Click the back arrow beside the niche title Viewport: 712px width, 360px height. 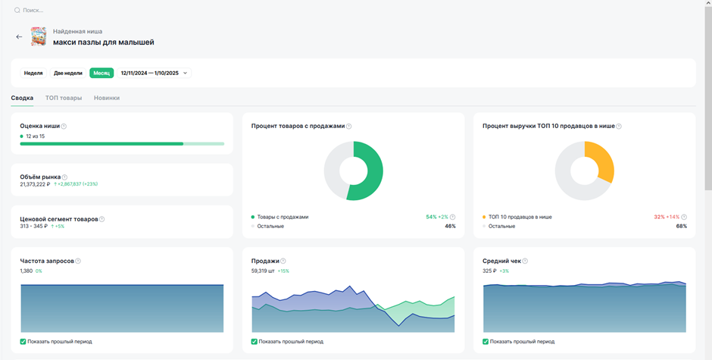pos(19,37)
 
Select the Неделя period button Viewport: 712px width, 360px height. pos(33,73)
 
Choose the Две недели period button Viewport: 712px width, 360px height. pos(67,73)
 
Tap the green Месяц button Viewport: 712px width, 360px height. pos(101,73)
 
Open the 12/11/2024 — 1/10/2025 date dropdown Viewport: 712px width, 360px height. pos(154,73)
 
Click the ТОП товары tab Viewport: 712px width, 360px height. pos(64,98)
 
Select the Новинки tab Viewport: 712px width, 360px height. pos(107,98)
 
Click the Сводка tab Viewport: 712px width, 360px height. pos(22,98)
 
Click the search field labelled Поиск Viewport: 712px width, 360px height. pos(33,10)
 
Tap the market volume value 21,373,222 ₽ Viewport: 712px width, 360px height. pos(35,184)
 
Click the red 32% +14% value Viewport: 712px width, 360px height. pos(667,217)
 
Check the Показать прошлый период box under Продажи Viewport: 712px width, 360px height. pos(255,341)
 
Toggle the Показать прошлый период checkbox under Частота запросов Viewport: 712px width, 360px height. pos(23,341)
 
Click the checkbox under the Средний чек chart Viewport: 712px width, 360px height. pos(486,341)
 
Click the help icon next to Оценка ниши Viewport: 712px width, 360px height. pos(64,127)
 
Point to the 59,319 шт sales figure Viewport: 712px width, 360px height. pos(263,271)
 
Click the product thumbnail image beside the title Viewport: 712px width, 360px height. pos(39,36)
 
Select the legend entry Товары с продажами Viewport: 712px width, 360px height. pos(283,217)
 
